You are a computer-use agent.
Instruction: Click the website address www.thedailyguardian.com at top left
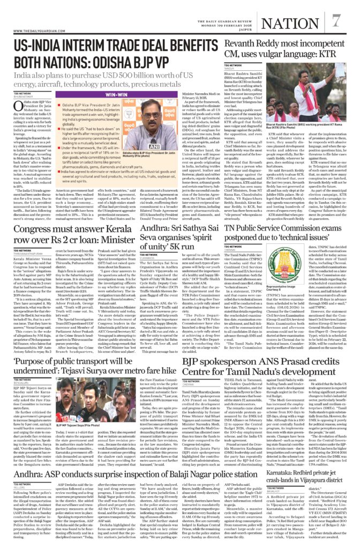click(28, 31)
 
